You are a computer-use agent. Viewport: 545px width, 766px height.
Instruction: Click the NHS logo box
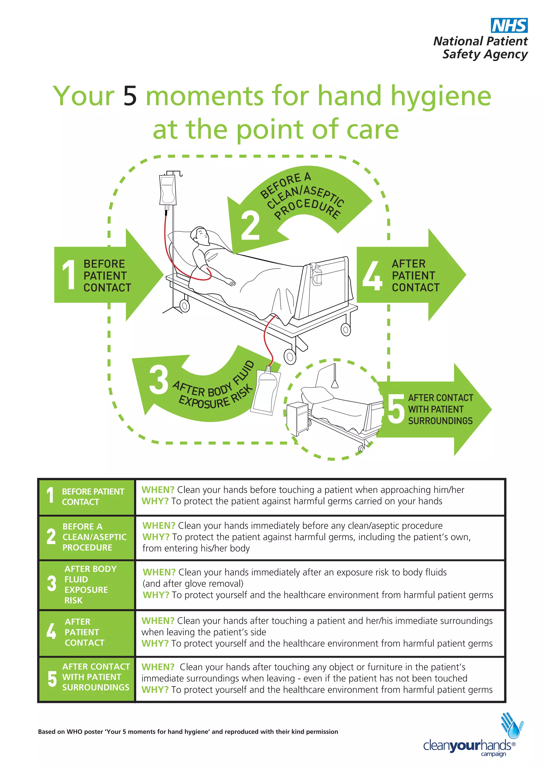pyautogui.click(x=509, y=26)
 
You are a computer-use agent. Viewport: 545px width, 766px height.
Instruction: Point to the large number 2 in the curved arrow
pyautogui.click(x=250, y=226)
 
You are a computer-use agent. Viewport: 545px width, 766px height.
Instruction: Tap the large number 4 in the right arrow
pyautogui.click(x=372, y=276)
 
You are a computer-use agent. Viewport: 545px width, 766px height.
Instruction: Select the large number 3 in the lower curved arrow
pyautogui.click(x=158, y=380)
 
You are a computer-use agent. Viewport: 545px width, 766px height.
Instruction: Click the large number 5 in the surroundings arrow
pyautogui.click(x=396, y=409)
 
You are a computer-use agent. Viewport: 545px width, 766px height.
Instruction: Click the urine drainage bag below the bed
pyautogui.click(x=266, y=391)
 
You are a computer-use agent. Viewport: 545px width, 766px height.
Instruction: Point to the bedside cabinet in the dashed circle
pyautogui.click(x=298, y=418)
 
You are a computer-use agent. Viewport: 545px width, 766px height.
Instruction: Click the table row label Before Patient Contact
pyautogui.click(x=93, y=497)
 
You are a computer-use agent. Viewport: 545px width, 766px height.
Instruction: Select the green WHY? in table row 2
pyautogui.click(x=156, y=537)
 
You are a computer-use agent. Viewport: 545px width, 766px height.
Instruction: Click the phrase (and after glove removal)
pyautogui.click(x=193, y=583)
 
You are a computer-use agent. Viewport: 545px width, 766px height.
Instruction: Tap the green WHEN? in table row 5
pyautogui.click(x=158, y=667)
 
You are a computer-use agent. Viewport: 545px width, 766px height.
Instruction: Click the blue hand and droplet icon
pyautogui.click(x=512, y=726)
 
